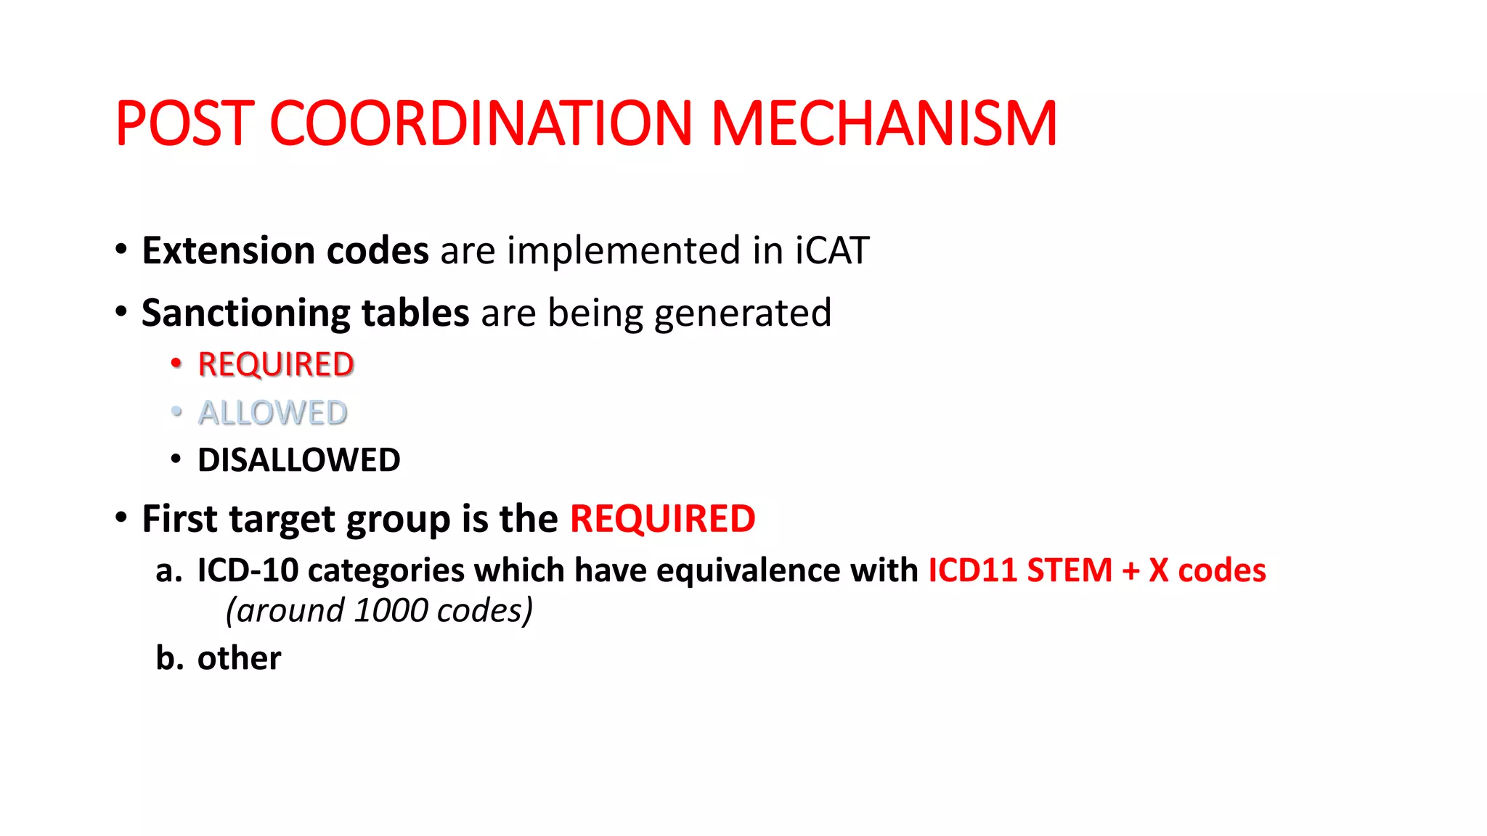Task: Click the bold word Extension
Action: [x=227, y=250]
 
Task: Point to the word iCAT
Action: [x=832, y=250]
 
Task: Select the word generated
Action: [x=743, y=313]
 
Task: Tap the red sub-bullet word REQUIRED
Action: [x=276, y=364]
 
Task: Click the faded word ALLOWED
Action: [x=273, y=413]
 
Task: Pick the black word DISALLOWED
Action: [x=298, y=460]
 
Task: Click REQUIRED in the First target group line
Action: [x=662, y=519]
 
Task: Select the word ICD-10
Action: [x=248, y=570]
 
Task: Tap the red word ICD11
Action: [x=972, y=570]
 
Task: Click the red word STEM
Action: [x=1070, y=570]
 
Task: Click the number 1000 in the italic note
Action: [x=391, y=611]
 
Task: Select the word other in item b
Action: [x=239, y=658]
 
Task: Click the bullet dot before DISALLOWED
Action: [x=176, y=459]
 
